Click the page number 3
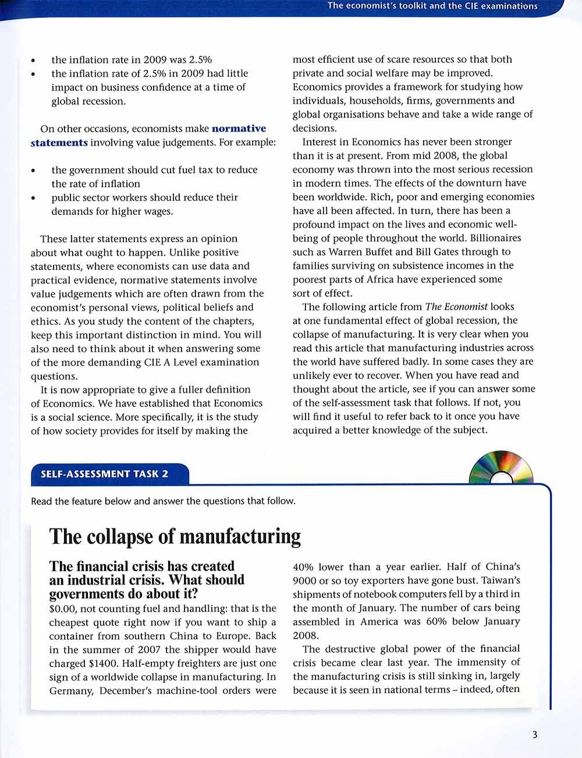pyautogui.click(x=534, y=735)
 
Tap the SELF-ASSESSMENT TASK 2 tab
pyautogui.click(x=105, y=474)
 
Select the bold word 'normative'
pyautogui.click(x=239, y=129)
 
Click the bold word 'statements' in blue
pyautogui.click(x=59, y=143)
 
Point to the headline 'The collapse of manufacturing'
pyautogui.click(x=175, y=536)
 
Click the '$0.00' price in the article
pyautogui.click(x=63, y=608)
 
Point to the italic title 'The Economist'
pyautogui.click(x=456, y=307)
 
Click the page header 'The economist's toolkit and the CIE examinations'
pyautogui.click(x=432, y=6)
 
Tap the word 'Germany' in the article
pyautogui.click(x=71, y=691)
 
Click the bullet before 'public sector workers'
pyautogui.click(x=34, y=199)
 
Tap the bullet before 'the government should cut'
pyautogui.click(x=34, y=171)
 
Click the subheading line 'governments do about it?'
pyautogui.click(x=123, y=594)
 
